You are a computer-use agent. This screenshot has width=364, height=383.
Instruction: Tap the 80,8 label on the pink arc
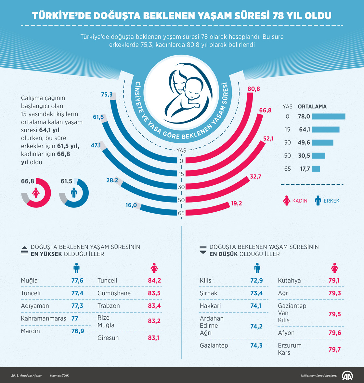tap(253, 89)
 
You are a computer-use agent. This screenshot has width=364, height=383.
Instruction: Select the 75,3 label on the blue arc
tap(107, 95)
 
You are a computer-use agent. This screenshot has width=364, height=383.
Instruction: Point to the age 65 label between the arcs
tap(181, 213)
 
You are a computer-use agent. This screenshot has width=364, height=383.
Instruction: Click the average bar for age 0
tap(329, 116)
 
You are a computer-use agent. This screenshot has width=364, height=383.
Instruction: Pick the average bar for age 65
tap(316, 169)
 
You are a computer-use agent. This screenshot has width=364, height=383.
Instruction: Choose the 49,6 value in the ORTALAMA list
tap(304, 142)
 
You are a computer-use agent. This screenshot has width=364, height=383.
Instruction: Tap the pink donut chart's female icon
tap(36, 193)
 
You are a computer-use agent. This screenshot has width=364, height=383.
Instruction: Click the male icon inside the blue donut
tap(74, 193)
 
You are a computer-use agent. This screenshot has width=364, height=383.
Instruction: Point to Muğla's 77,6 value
tap(77, 281)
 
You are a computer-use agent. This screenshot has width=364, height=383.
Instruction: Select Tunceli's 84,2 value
tap(154, 281)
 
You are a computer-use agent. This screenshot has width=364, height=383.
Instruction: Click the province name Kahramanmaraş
tap(43, 318)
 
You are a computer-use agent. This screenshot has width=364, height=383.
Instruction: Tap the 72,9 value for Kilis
tap(256, 281)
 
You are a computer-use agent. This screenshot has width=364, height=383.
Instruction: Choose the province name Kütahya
tap(289, 281)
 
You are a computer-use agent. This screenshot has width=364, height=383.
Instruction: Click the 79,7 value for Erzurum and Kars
tap(334, 350)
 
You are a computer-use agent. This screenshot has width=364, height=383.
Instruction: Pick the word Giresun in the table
tap(108, 338)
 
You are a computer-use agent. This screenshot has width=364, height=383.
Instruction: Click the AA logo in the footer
tap(348, 376)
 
